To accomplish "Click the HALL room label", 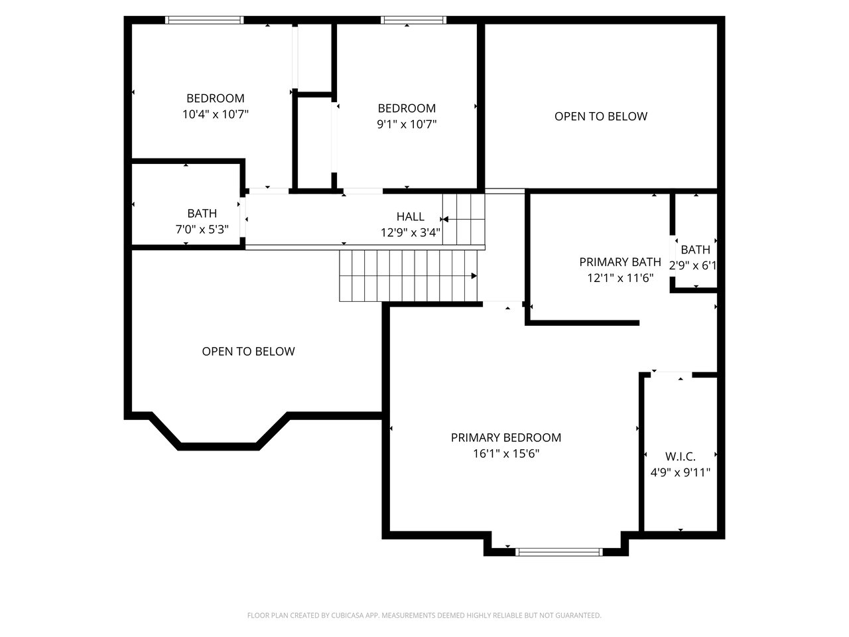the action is click(x=410, y=216).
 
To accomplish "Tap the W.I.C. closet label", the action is click(x=680, y=457).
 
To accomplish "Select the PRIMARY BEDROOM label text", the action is click(x=506, y=437).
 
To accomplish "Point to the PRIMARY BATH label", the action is click(x=620, y=262).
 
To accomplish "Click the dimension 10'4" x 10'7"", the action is click(x=216, y=114).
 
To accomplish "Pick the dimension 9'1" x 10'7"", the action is click(x=407, y=124).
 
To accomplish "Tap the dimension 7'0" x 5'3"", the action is click(x=202, y=230).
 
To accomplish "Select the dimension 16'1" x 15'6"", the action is click(x=506, y=453).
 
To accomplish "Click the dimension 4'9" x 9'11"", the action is click(x=681, y=472).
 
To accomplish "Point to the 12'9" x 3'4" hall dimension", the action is click(x=411, y=232).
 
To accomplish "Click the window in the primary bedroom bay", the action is click(x=559, y=552).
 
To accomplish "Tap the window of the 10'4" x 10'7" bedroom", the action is click(x=204, y=20).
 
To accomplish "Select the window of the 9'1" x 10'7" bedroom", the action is click(x=413, y=20).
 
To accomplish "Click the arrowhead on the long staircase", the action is click(x=474, y=276).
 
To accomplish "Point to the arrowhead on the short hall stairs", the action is click(x=445, y=219).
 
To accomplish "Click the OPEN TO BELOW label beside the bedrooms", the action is click(x=601, y=116).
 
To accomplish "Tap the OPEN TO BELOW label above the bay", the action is click(x=248, y=351).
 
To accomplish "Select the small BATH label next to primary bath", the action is click(x=695, y=249).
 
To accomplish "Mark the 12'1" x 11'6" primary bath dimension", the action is click(x=620, y=278).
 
